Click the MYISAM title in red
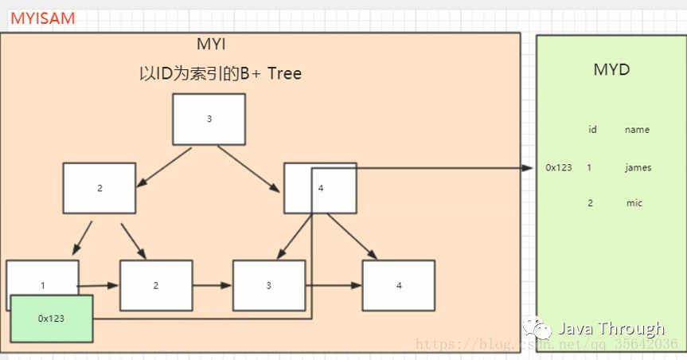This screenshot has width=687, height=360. [42, 18]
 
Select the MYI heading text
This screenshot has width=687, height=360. [212, 45]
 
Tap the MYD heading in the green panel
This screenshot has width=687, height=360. [611, 69]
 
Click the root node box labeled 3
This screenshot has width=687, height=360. [209, 119]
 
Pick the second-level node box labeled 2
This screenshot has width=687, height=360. [100, 188]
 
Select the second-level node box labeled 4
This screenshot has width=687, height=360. [320, 188]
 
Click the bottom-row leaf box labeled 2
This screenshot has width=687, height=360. [155, 285]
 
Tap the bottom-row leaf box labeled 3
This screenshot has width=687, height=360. [268, 285]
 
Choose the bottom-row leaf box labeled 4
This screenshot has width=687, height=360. [398, 285]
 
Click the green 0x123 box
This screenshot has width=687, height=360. [52, 318]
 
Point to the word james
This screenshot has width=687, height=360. [638, 168]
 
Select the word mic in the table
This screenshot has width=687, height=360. [634, 203]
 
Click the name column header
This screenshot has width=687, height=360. [637, 130]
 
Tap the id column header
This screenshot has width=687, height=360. [592, 130]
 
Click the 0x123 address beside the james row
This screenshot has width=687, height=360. [558, 168]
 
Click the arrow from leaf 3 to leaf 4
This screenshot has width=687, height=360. [333, 285]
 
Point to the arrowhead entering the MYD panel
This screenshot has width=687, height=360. [528, 168]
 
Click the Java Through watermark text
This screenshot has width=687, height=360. [610, 328]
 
